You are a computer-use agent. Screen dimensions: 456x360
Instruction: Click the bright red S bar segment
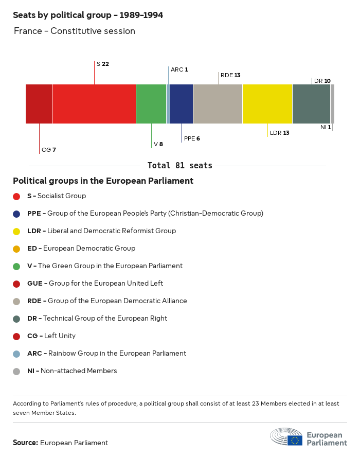pyautogui.click(x=94, y=104)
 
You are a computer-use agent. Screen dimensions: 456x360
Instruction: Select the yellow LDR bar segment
pyautogui.click(x=267, y=104)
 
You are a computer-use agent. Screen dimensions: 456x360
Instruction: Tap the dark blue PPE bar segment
pyautogui.click(x=182, y=104)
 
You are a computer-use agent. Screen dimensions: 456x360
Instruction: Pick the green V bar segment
pyautogui.click(x=151, y=104)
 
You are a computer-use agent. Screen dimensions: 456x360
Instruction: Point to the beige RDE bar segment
pyautogui.click(x=218, y=104)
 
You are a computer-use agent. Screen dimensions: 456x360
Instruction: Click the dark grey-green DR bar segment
pyautogui.click(x=311, y=104)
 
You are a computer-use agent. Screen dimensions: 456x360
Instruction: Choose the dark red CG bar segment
pyautogui.click(x=39, y=104)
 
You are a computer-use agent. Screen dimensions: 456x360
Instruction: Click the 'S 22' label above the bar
pyautogui.click(x=102, y=64)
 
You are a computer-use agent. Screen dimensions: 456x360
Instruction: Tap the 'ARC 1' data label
pyautogui.click(x=179, y=69)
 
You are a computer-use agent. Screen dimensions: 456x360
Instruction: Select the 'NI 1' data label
pyautogui.click(x=326, y=127)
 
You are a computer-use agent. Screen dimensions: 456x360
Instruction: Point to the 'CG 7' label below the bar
pyautogui.click(x=49, y=150)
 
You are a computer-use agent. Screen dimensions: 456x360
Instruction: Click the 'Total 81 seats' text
pyautogui.click(x=179, y=166)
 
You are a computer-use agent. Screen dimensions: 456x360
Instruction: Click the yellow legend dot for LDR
pyautogui.click(x=16, y=231)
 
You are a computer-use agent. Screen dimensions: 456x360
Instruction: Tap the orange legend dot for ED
pyautogui.click(x=16, y=249)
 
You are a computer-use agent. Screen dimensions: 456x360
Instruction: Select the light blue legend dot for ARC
pyautogui.click(x=16, y=354)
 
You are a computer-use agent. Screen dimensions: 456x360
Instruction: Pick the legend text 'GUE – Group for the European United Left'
pyautogui.click(x=95, y=284)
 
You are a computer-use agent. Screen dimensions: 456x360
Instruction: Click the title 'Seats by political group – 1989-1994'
pyautogui.click(x=88, y=15)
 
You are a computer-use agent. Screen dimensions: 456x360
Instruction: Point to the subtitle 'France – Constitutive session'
pyautogui.click(x=75, y=31)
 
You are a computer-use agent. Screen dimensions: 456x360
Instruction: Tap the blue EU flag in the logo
pyautogui.click(x=295, y=441)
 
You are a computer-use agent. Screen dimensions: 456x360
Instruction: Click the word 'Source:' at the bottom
pyautogui.click(x=25, y=443)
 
